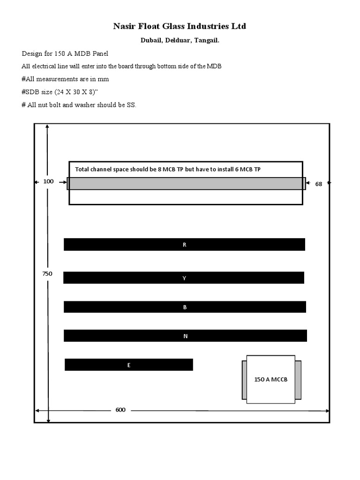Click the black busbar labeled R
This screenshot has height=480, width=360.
[x=184, y=244]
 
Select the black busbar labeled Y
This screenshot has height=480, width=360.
[x=184, y=278]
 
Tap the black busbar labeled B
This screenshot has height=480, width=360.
[x=185, y=307]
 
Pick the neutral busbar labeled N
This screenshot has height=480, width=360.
[x=185, y=336]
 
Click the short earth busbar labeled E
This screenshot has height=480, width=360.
[x=128, y=365]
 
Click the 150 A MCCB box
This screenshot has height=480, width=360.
[x=270, y=379]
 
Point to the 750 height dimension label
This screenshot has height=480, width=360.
[x=47, y=274]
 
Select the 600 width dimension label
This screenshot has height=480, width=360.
[x=120, y=410]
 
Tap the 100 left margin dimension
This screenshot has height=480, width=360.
[x=48, y=181]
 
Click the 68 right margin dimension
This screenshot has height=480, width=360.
[x=319, y=184]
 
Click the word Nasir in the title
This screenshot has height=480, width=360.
[x=123, y=27]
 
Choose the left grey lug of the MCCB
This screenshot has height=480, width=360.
[x=244, y=380]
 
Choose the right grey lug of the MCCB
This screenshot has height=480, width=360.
[x=298, y=380]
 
